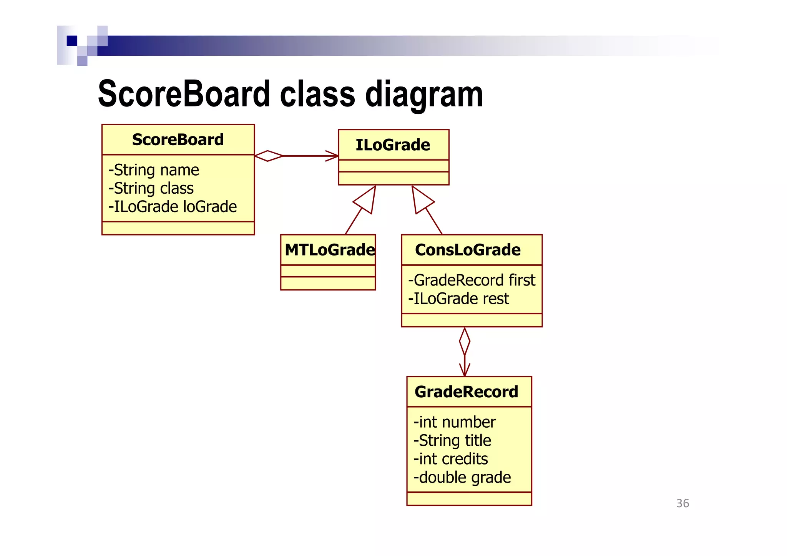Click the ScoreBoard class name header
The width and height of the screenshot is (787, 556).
click(178, 139)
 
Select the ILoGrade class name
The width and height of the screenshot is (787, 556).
click(393, 145)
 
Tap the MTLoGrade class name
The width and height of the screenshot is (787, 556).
click(329, 250)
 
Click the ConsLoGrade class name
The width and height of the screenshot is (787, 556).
click(468, 250)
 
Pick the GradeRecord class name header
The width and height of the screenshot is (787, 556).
click(467, 392)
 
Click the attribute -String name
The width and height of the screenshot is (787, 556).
click(154, 170)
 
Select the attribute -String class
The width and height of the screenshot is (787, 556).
click(151, 188)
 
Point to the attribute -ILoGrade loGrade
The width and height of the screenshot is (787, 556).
click(173, 207)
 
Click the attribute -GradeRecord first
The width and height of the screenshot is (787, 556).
click(472, 280)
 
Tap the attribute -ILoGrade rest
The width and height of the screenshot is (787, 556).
click(458, 299)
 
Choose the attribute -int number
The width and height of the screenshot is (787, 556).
click(455, 422)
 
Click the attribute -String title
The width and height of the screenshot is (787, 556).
click(452, 441)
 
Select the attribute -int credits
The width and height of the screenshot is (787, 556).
click(451, 459)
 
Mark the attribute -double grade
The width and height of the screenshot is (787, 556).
click(462, 478)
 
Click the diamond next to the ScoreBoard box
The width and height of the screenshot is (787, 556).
click(269, 156)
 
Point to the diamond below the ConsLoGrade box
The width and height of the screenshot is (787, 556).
click(465, 341)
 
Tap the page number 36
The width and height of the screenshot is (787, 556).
click(682, 503)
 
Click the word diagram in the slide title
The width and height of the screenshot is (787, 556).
click(424, 95)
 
